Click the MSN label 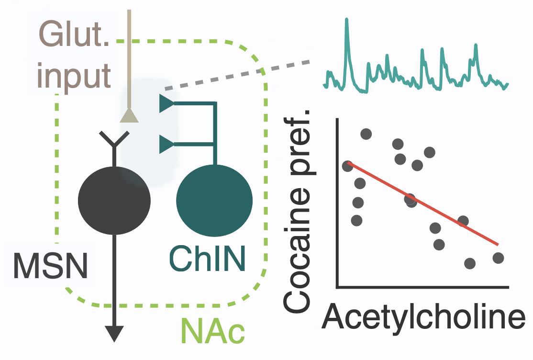pyautogui.click(x=50, y=266)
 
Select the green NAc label pyautogui.click(x=213, y=330)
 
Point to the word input pyautogui.click(x=74, y=77)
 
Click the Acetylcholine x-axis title pyautogui.click(x=423, y=317)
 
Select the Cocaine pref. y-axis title pyautogui.click(x=297, y=211)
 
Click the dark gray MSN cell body pyautogui.click(x=114, y=201)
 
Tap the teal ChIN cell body pyautogui.click(x=214, y=201)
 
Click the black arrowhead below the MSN pyautogui.click(x=114, y=334)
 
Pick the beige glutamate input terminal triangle pyautogui.click(x=129, y=115)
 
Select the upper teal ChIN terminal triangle pyautogui.click(x=167, y=103)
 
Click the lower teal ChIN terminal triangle pyautogui.click(x=167, y=144)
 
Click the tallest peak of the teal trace pyautogui.click(x=346, y=20)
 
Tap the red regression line pyautogui.click(x=423, y=203)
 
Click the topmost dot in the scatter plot pyautogui.click(x=366, y=134)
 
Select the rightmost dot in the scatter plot pyautogui.click(x=498, y=258)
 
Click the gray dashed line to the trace pyautogui.click(x=237, y=76)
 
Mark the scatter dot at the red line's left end pyautogui.click(x=347, y=166)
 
